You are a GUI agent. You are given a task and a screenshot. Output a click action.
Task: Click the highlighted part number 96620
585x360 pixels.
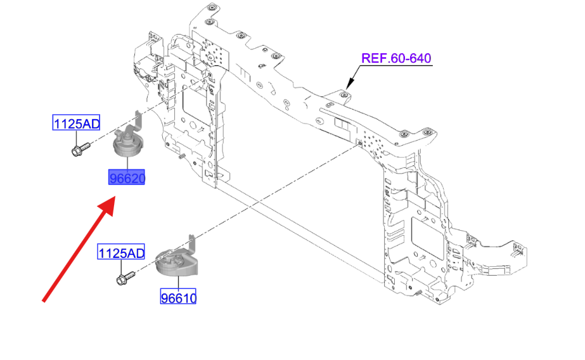pyautogui.click(x=127, y=177)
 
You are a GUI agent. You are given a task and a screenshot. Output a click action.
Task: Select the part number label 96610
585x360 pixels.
pyautogui.click(x=178, y=297)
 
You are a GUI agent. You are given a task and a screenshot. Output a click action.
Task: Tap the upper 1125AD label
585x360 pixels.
pyautogui.click(x=77, y=123)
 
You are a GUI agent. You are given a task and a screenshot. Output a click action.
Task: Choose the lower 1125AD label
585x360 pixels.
pyautogui.click(x=121, y=252)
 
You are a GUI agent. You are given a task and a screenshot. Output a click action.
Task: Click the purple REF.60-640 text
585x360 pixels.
pyautogui.click(x=396, y=58)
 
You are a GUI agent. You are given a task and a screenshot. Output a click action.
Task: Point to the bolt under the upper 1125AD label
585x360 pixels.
pyautogui.click(x=80, y=149)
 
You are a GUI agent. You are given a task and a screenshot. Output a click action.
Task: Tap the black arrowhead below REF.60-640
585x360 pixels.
pyautogui.click(x=349, y=84)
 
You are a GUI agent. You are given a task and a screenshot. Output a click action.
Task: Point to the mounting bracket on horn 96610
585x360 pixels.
pyautogui.click(x=192, y=245)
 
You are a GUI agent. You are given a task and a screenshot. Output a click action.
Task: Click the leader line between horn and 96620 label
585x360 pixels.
pyautogui.click(x=127, y=164)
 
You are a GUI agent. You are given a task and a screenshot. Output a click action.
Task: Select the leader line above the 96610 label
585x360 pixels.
pyautogui.click(x=178, y=282)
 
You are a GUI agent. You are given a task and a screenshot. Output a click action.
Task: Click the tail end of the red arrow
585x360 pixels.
pyautogui.click(x=44, y=300)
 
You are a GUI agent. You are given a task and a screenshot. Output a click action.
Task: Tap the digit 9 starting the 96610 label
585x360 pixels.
pyautogui.click(x=165, y=298)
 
